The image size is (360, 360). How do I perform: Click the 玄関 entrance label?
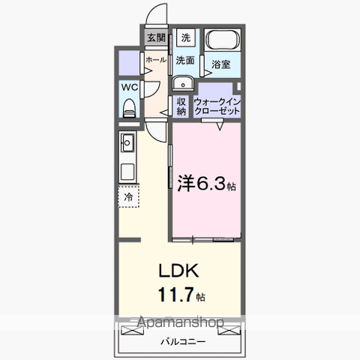[155, 37]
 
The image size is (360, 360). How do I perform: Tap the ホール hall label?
[155, 59]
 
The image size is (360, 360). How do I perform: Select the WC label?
[129, 86]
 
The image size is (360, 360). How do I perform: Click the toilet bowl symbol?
[128, 106]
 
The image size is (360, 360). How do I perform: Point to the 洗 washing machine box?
[185, 37]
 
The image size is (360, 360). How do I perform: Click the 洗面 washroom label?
[185, 59]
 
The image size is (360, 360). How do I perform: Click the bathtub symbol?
[222, 41]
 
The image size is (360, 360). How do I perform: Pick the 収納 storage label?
[181, 106]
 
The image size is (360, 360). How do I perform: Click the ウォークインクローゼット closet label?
[217, 106]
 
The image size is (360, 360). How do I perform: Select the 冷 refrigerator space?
[128, 197]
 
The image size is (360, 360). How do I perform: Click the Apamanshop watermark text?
[180, 325]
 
